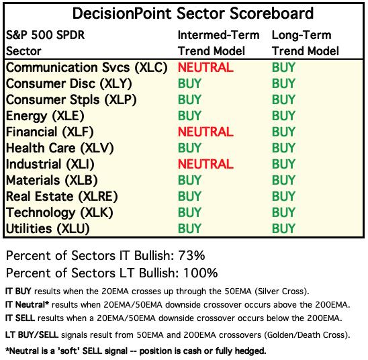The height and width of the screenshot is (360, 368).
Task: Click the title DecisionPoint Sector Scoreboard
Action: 193,13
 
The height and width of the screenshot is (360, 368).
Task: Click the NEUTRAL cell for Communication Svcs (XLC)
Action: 205,68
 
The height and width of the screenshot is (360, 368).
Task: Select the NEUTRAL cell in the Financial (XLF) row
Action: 205,132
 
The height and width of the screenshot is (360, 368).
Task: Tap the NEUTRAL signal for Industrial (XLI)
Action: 205,164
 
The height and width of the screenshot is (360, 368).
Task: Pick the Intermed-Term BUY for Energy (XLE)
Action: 189,116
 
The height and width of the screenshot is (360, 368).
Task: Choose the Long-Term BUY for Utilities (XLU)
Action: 283,228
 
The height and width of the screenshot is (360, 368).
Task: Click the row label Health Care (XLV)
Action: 60,148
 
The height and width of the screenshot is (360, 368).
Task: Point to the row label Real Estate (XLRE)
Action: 62,196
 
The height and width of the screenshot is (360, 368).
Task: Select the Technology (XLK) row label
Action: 60,213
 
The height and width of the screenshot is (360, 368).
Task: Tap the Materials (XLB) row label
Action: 52,181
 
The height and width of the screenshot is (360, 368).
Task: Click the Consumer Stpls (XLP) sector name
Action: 71,100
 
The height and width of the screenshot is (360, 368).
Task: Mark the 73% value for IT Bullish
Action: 191,256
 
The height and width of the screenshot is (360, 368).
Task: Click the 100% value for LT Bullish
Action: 200,273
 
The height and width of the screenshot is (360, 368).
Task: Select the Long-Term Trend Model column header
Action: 306,43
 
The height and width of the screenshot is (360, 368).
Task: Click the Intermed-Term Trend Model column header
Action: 218,43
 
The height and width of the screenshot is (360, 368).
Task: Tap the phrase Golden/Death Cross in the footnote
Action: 305,335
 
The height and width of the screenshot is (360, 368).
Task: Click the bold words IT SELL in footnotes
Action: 20,318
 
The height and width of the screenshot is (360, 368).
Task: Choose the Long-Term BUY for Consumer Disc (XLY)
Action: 283,83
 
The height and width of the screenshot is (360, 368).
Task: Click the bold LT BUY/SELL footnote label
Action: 32,335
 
